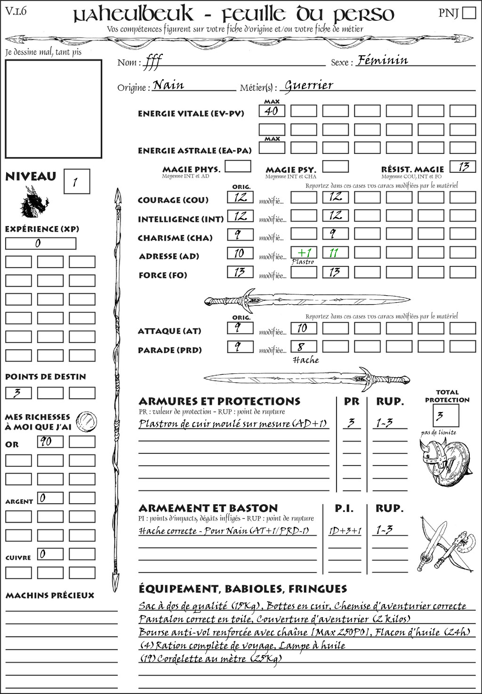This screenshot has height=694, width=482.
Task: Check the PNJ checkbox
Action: click(469, 12)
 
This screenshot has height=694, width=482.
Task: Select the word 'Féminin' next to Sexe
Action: click(383, 60)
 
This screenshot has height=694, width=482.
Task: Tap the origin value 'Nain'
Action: click(169, 85)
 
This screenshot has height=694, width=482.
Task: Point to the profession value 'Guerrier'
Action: click(309, 85)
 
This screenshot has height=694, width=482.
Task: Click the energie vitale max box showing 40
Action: click(272, 111)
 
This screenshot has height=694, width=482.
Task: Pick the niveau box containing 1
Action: click(76, 182)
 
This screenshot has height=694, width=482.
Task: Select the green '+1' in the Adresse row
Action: click(304, 253)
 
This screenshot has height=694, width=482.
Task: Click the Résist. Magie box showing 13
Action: click(462, 167)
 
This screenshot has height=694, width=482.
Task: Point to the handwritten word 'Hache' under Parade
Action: click(305, 360)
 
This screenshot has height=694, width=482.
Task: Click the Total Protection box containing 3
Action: click(445, 415)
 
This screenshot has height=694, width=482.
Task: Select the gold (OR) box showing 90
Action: click(50, 442)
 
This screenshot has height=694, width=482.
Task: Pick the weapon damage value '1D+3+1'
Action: click(345, 531)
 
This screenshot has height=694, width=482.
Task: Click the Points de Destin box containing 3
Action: click(18, 393)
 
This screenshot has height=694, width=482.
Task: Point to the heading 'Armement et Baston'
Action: click(208, 508)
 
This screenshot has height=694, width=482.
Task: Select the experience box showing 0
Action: click(40, 243)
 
